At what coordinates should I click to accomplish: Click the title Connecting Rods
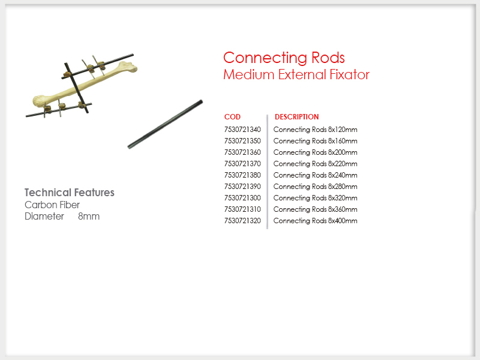(284, 58)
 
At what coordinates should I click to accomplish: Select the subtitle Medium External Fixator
(296, 74)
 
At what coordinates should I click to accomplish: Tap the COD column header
(232, 117)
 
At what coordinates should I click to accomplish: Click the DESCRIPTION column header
(296, 117)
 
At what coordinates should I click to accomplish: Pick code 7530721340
(242, 130)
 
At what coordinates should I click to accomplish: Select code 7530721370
(242, 164)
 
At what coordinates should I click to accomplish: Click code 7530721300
(242, 198)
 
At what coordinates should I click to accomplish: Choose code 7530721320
(242, 221)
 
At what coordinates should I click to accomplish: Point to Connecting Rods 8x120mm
(316, 130)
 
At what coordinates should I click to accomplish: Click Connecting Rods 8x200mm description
(316, 152)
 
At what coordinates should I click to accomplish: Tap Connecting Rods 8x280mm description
(316, 187)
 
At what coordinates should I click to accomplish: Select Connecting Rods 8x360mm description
(316, 209)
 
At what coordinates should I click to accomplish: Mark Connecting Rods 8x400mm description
(316, 221)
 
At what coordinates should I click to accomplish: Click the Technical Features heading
(70, 193)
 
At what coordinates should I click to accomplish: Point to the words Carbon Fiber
(52, 205)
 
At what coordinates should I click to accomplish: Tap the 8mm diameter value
(89, 217)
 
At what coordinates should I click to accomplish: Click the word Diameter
(44, 217)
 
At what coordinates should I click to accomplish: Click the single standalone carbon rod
(165, 124)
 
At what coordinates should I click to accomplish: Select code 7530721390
(242, 187)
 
